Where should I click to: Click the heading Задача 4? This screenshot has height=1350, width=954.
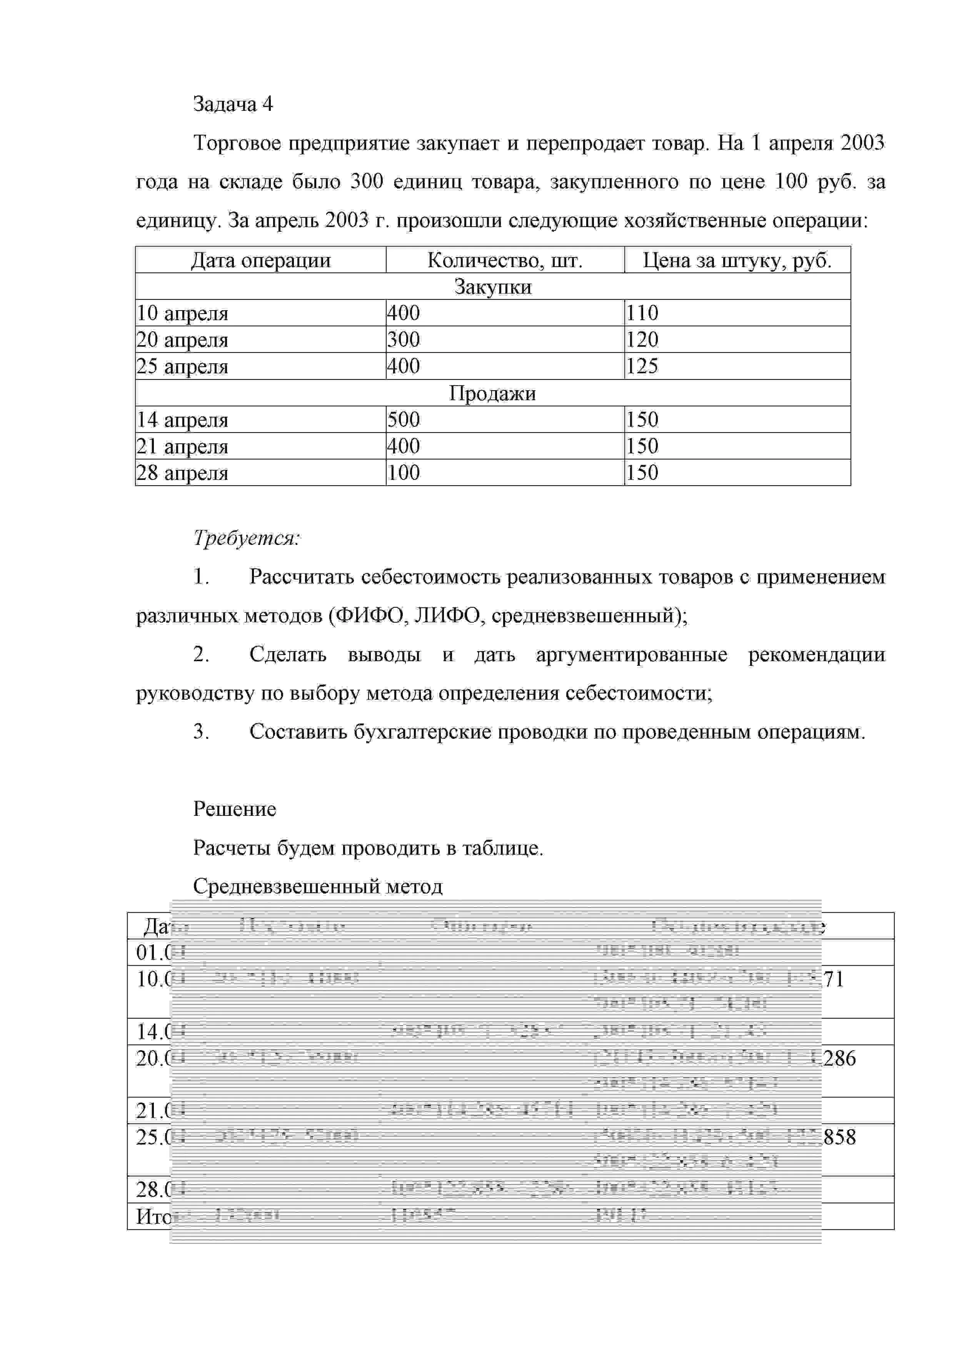(x=233, y=104)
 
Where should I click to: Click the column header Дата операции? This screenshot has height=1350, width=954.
(x=260, y=260)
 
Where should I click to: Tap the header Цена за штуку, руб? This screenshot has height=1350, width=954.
(x=737, y=260)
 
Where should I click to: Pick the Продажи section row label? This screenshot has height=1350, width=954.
(x=492, y=393)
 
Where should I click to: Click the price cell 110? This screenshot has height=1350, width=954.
(x=642, y=313)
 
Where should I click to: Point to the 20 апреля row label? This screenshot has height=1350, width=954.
(x=182, y=340)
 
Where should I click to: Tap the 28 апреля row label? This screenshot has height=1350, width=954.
(x=182, y=473)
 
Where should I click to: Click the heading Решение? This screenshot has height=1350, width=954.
(x=235, y=809)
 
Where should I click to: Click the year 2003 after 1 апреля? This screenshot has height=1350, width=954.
(x=862, y=143)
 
